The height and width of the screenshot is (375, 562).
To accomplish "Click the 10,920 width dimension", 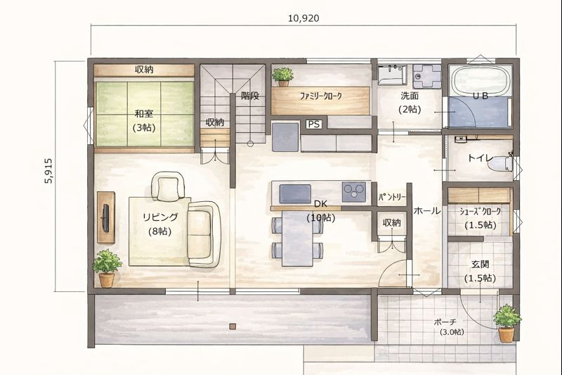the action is pos(303,18).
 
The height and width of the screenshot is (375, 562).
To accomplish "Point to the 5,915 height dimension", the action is pos(48,171).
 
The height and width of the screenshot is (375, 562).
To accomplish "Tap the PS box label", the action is pos(313,124).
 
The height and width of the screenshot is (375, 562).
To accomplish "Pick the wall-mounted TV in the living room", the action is pos(105,218).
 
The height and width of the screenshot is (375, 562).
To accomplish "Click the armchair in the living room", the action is pos(168,186).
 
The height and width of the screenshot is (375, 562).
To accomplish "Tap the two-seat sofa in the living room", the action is pos(203,234).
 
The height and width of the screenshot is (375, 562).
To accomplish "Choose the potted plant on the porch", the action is pos(507,323).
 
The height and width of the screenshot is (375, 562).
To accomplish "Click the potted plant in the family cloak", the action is pos(283,77).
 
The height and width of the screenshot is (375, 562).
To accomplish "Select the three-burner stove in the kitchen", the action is pos(355,192).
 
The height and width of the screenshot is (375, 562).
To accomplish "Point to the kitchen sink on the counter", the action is pos(295,193).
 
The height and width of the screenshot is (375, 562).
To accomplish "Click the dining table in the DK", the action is pos(297,238).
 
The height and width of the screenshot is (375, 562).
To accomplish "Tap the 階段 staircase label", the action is pos(250,96).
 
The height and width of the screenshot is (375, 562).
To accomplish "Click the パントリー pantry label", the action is pos(392,197).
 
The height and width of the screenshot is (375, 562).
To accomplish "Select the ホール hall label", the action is pos(427,210).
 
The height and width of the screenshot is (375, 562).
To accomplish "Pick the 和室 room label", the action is pos(144,114).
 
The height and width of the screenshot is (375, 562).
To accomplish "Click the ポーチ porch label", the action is pos(445,322).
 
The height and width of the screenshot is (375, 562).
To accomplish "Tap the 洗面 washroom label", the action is pos(410,96).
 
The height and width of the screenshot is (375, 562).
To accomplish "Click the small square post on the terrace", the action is pos(233,326).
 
